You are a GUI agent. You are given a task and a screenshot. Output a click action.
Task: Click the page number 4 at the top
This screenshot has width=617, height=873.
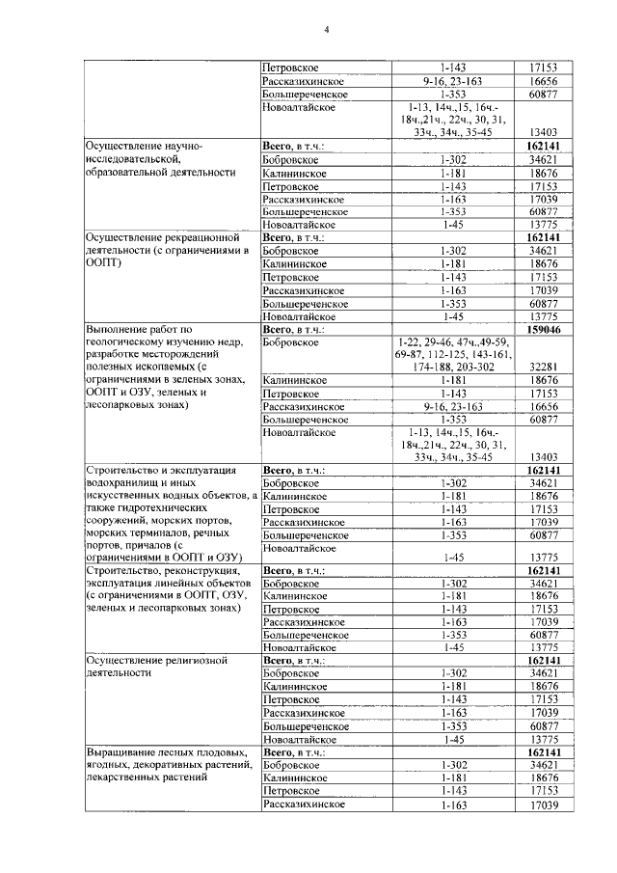[326, 28]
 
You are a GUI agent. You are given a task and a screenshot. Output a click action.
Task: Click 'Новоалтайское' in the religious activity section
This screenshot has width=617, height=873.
[299, 738]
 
